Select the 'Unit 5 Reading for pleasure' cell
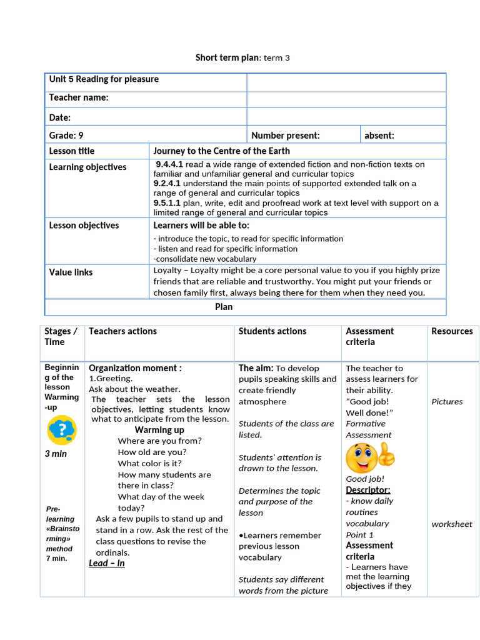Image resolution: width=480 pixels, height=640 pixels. pyautogui.click(x=104, y=79)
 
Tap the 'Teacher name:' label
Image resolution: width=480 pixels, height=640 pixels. pyautogui.click(x=79, y=97)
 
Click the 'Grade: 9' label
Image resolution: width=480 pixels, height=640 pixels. pyautogui.click(x=66, y=135)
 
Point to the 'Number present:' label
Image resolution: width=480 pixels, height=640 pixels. pyautogui.click(x=285, y=135)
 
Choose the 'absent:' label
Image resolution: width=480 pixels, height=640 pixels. pyautogui.click(x=379, y=135)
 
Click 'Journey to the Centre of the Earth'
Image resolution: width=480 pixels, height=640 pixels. pyautogui.click(x=221, y=151)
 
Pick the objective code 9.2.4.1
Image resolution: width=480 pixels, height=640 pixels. pyautogui.click(x=167, y=184)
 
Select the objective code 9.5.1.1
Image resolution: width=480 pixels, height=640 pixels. pyautogui.click(x=167, y=203)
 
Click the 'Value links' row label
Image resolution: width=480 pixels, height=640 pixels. pyautogui.click(x=71, y=272)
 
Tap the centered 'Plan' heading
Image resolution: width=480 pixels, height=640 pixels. pyautogui.click(x=224, y=307)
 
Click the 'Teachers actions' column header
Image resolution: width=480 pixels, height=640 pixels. pyautogui.click(x=122, y=331)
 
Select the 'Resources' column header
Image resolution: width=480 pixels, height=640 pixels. pyautogui.click(x=452, y=331)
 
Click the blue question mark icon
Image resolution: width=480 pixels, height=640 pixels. pyautogui.click(x=61, y=429)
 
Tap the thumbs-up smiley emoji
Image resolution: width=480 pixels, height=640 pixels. pyautogui.click(x=370, y=457)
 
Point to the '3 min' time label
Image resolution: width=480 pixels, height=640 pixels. pyautogui.click(x=56, y=454)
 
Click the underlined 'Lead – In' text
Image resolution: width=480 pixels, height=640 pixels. pyautogui.click(x=107, y=563)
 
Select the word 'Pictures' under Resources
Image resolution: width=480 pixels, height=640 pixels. pyautogui.click(x=447, y=402)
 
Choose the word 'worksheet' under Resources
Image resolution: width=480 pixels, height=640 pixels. pyautogui.click(x=452, y=524)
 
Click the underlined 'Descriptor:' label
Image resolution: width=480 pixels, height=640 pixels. pyautogui.click(x=368, y=490)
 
